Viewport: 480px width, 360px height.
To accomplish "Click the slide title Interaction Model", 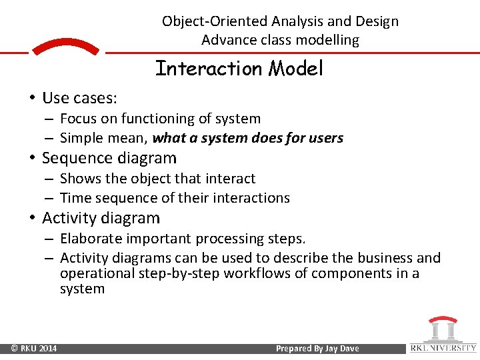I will click(239, 69).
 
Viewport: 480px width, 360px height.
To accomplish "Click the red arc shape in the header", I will click(65, 47).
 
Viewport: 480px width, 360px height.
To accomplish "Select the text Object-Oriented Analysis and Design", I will click(280, 21).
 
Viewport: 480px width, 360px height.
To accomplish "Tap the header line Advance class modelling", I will click(280, 40).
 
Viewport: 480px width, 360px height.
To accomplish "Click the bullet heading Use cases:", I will click(79, 99).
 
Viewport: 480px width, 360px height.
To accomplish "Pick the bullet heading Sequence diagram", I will click(109, 158).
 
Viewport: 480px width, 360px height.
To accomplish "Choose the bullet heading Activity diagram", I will click(101, 218).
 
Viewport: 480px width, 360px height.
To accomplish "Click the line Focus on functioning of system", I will click(160, 119).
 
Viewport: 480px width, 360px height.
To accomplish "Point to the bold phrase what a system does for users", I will click(247, 139).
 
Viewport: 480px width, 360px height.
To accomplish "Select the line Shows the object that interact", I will click(157, 179).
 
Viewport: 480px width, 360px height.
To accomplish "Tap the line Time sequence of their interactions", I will click(175, 198).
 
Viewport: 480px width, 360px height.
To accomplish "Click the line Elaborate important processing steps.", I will click(183, 239).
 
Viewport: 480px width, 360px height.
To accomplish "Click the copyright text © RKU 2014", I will click(34, 349).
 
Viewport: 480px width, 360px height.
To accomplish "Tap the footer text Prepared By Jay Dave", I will click(316, 349).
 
